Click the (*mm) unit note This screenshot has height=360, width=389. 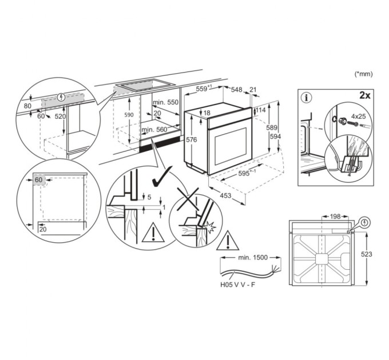tap(364, 74)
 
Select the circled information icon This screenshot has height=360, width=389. tap(308, 97)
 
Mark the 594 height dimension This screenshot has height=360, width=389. tap(276, 137)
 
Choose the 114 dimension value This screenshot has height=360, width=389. tap(260, 110)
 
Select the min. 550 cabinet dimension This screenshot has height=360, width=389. tap(166, 102)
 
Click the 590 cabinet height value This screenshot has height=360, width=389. tap(129, 114)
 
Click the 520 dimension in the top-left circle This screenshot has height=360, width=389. tap(60, 117)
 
